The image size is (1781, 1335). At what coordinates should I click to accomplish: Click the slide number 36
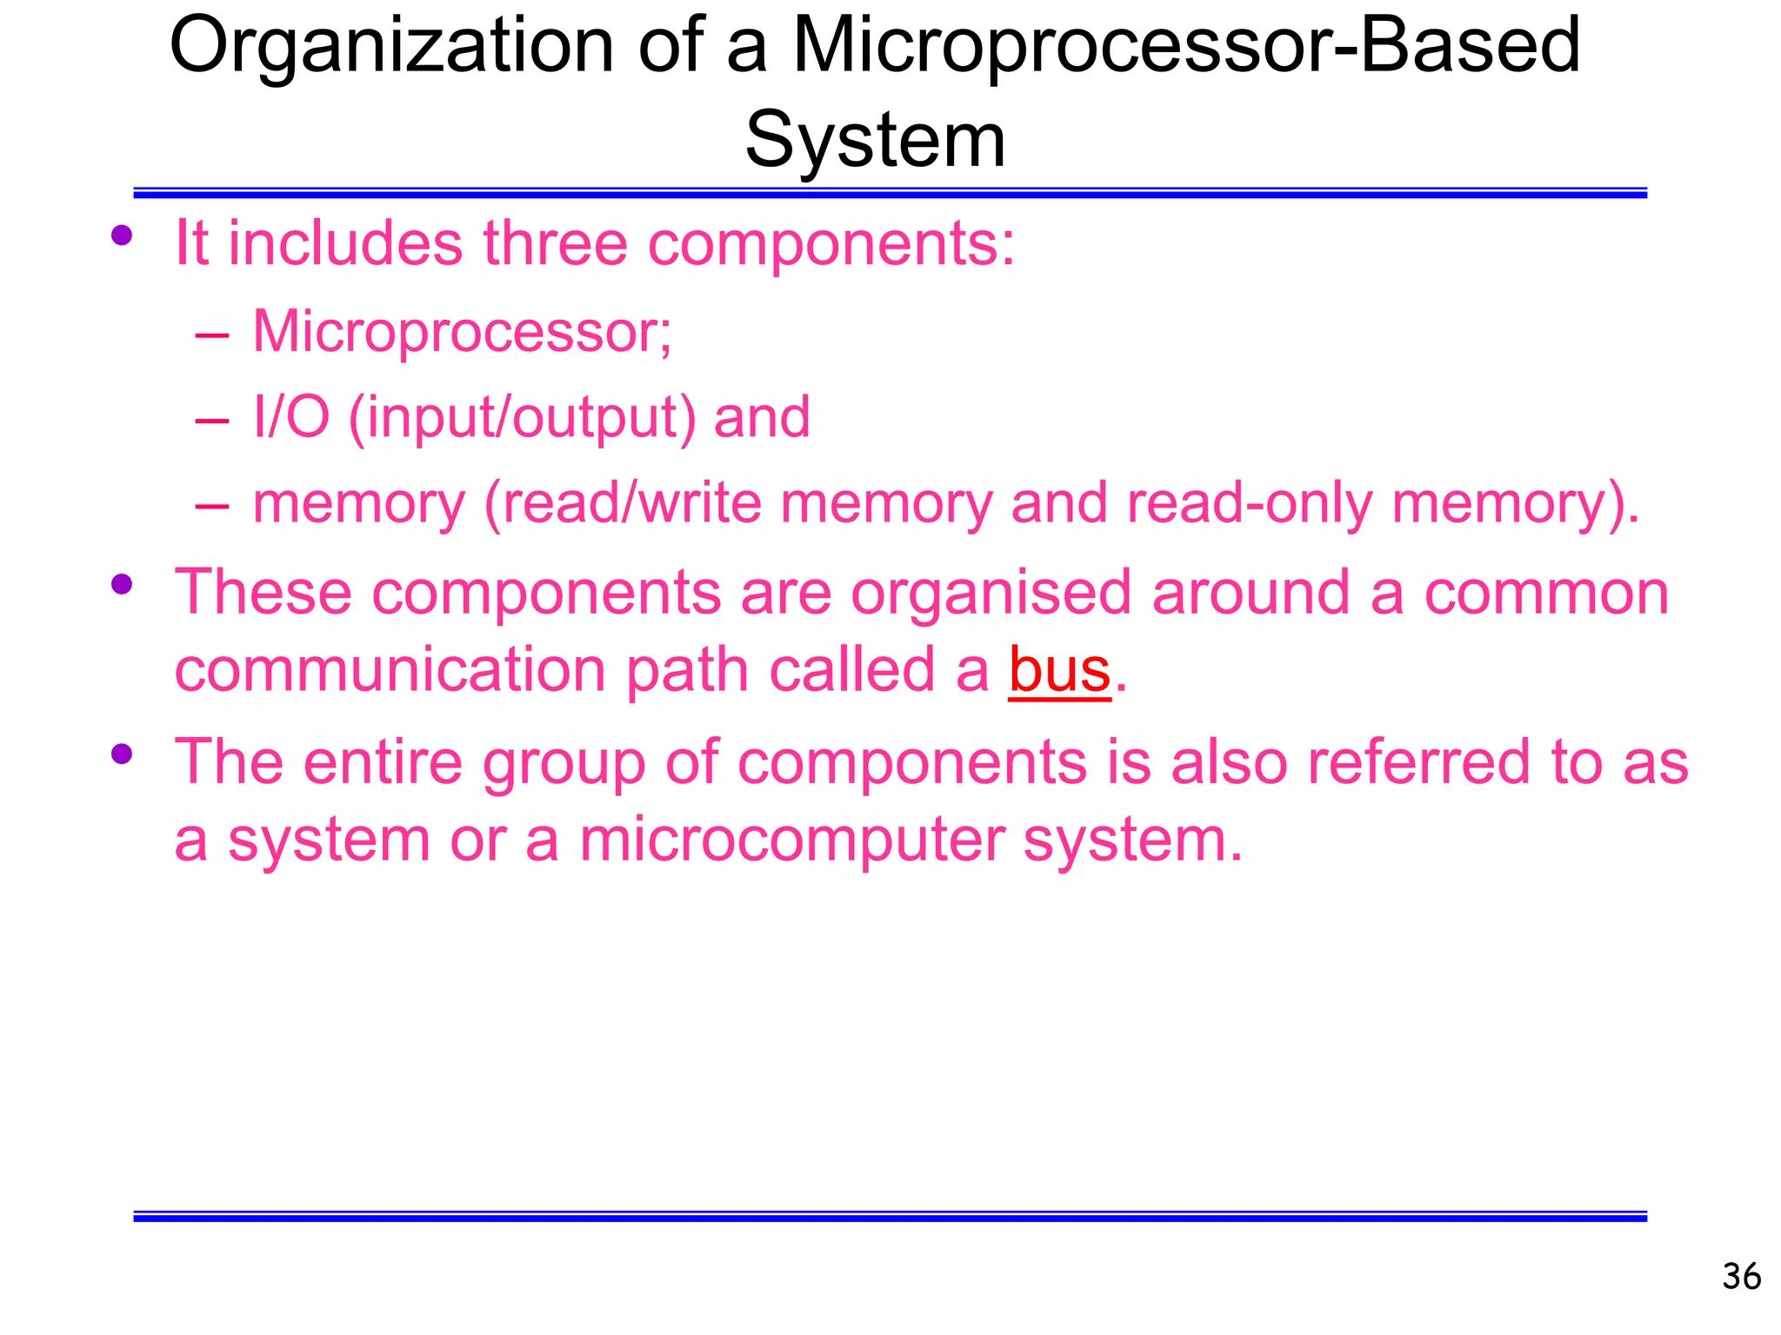point(1741,1277)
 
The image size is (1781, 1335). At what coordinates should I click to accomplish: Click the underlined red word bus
point(1059,670)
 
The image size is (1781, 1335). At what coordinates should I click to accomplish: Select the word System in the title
point(875,141)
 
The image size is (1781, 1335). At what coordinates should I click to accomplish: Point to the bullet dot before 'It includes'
point(122,235)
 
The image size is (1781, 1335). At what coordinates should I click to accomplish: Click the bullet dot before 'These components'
point(122,584)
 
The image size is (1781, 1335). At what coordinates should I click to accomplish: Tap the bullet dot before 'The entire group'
point(122,754)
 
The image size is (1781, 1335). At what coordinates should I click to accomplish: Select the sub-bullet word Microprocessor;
point(462,333)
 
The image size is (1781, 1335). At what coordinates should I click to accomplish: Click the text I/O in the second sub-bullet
point(290,417)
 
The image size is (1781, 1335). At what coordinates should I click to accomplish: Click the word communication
point(390,670)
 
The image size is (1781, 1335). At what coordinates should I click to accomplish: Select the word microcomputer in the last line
point(791,840)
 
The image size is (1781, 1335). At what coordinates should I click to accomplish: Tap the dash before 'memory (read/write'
point(212,505)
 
